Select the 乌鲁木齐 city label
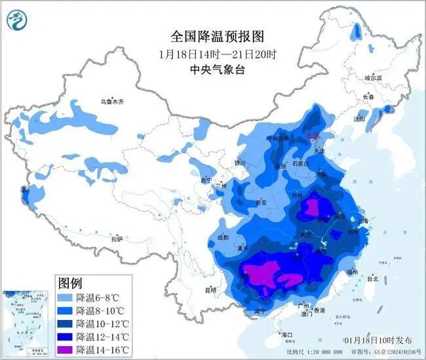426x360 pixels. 112,102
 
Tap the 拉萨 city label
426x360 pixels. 117,240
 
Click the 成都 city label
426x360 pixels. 222,237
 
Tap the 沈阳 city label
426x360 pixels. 359,119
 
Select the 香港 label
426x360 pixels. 319,310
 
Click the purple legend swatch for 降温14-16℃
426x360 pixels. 64,348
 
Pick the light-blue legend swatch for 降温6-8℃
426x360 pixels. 64,298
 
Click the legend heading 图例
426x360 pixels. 70,283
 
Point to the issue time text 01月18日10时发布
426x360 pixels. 378,340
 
